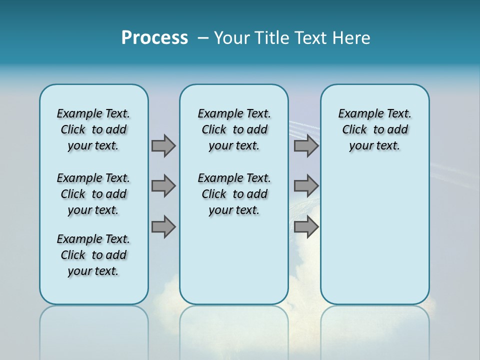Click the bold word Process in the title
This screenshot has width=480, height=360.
(x=154, y=38)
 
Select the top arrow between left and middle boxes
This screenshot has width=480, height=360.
(x=163, y=146)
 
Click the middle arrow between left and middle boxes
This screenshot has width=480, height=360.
(x=163, y=186)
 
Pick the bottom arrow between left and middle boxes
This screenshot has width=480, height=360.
(x=163, y=227)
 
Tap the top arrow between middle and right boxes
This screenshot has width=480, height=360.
(x=306, y=146)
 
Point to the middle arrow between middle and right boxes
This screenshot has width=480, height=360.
(x=306, y=186)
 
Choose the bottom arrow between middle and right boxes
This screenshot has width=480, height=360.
(x=306, y=227)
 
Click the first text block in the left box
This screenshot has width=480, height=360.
(x=93, y=129)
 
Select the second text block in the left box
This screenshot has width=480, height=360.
(x=93, y=194)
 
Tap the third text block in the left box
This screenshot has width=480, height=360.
(x=93, y=255)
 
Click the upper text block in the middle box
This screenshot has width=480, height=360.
(x=234, y=129)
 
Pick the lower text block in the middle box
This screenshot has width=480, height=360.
(x=234, y=194)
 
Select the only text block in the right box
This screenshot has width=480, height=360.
(x=374, y=129)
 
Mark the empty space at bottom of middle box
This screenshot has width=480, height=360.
(x=234, y=265)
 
